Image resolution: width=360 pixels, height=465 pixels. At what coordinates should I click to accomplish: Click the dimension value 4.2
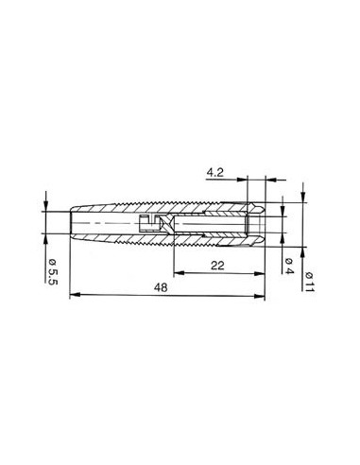[214, 172]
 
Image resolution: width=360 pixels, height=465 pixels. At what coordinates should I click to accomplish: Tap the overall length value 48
[164, 290]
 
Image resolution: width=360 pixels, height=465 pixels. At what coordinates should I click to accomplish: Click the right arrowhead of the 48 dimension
[261, 298]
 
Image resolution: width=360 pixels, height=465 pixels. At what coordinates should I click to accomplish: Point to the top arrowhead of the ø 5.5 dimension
[44, 206]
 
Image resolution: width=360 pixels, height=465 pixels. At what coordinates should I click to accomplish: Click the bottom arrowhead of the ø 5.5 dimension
[44, 244]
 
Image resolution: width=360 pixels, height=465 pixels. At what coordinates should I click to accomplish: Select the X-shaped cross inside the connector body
[161, 223]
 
